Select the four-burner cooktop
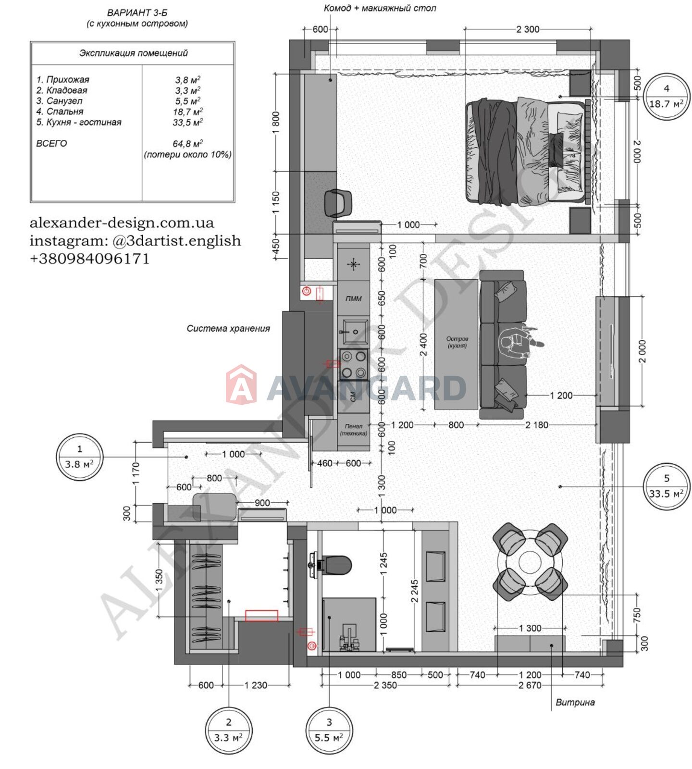[354, 364]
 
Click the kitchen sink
[354, 332]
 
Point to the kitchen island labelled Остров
[456, 344]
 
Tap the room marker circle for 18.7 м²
[666, 96]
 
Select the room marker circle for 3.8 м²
[79, 457]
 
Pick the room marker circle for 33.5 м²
[666, 486]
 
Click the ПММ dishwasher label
[353, 298]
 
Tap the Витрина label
[575, 702]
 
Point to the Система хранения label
[228, 329]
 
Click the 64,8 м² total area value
[187, 143]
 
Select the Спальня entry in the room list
[60, 112]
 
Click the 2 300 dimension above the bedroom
[528, 29]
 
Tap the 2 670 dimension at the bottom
[530, 685]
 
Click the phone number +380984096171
[90, 259]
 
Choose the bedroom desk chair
[338, 203]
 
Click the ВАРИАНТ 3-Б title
[137, 13]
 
